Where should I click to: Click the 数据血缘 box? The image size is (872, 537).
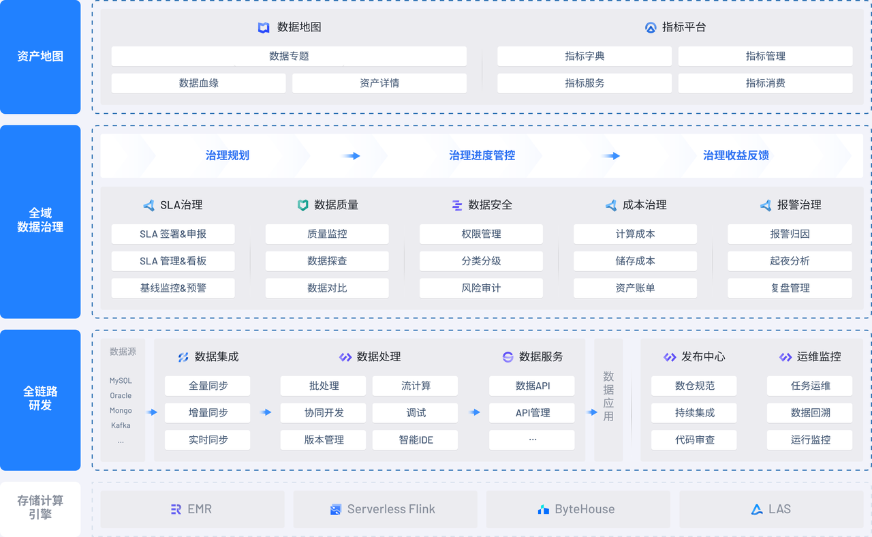click(x=198, y=83)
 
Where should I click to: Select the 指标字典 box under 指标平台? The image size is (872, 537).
click(x=585, y=57)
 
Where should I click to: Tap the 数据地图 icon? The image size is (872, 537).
click(x=264, y=28)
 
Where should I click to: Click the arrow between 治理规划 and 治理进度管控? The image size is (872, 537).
click(x=352, y=156)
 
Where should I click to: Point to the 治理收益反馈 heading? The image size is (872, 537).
click(x=736, y=155)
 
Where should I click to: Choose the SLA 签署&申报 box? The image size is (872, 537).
click(x=173, y=234)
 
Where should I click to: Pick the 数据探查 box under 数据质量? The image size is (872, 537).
click(x=327, y=261)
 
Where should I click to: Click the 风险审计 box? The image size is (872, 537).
click(x=481, y=288)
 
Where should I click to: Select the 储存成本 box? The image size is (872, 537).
click(x=635, y=261)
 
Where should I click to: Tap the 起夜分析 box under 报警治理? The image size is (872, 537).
click(x=790, y=261)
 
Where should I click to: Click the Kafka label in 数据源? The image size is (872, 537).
click(x=121, y=425)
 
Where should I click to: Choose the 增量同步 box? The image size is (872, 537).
click(x=208, y=413)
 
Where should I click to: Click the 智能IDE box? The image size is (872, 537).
click(x=416, y=440)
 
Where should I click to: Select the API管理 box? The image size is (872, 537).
click(x=532, y=413)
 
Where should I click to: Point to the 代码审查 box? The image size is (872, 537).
click(x=694, y=440)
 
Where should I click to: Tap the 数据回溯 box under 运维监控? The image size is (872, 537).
click(x=810, y=413)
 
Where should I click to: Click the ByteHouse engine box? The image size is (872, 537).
click(x=578, y=509)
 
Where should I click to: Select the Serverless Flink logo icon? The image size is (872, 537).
click(x=335, y=510)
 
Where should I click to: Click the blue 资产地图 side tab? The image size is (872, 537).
click(x=40, y=57)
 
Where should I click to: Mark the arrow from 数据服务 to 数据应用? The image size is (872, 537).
click(x=591, y=412)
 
